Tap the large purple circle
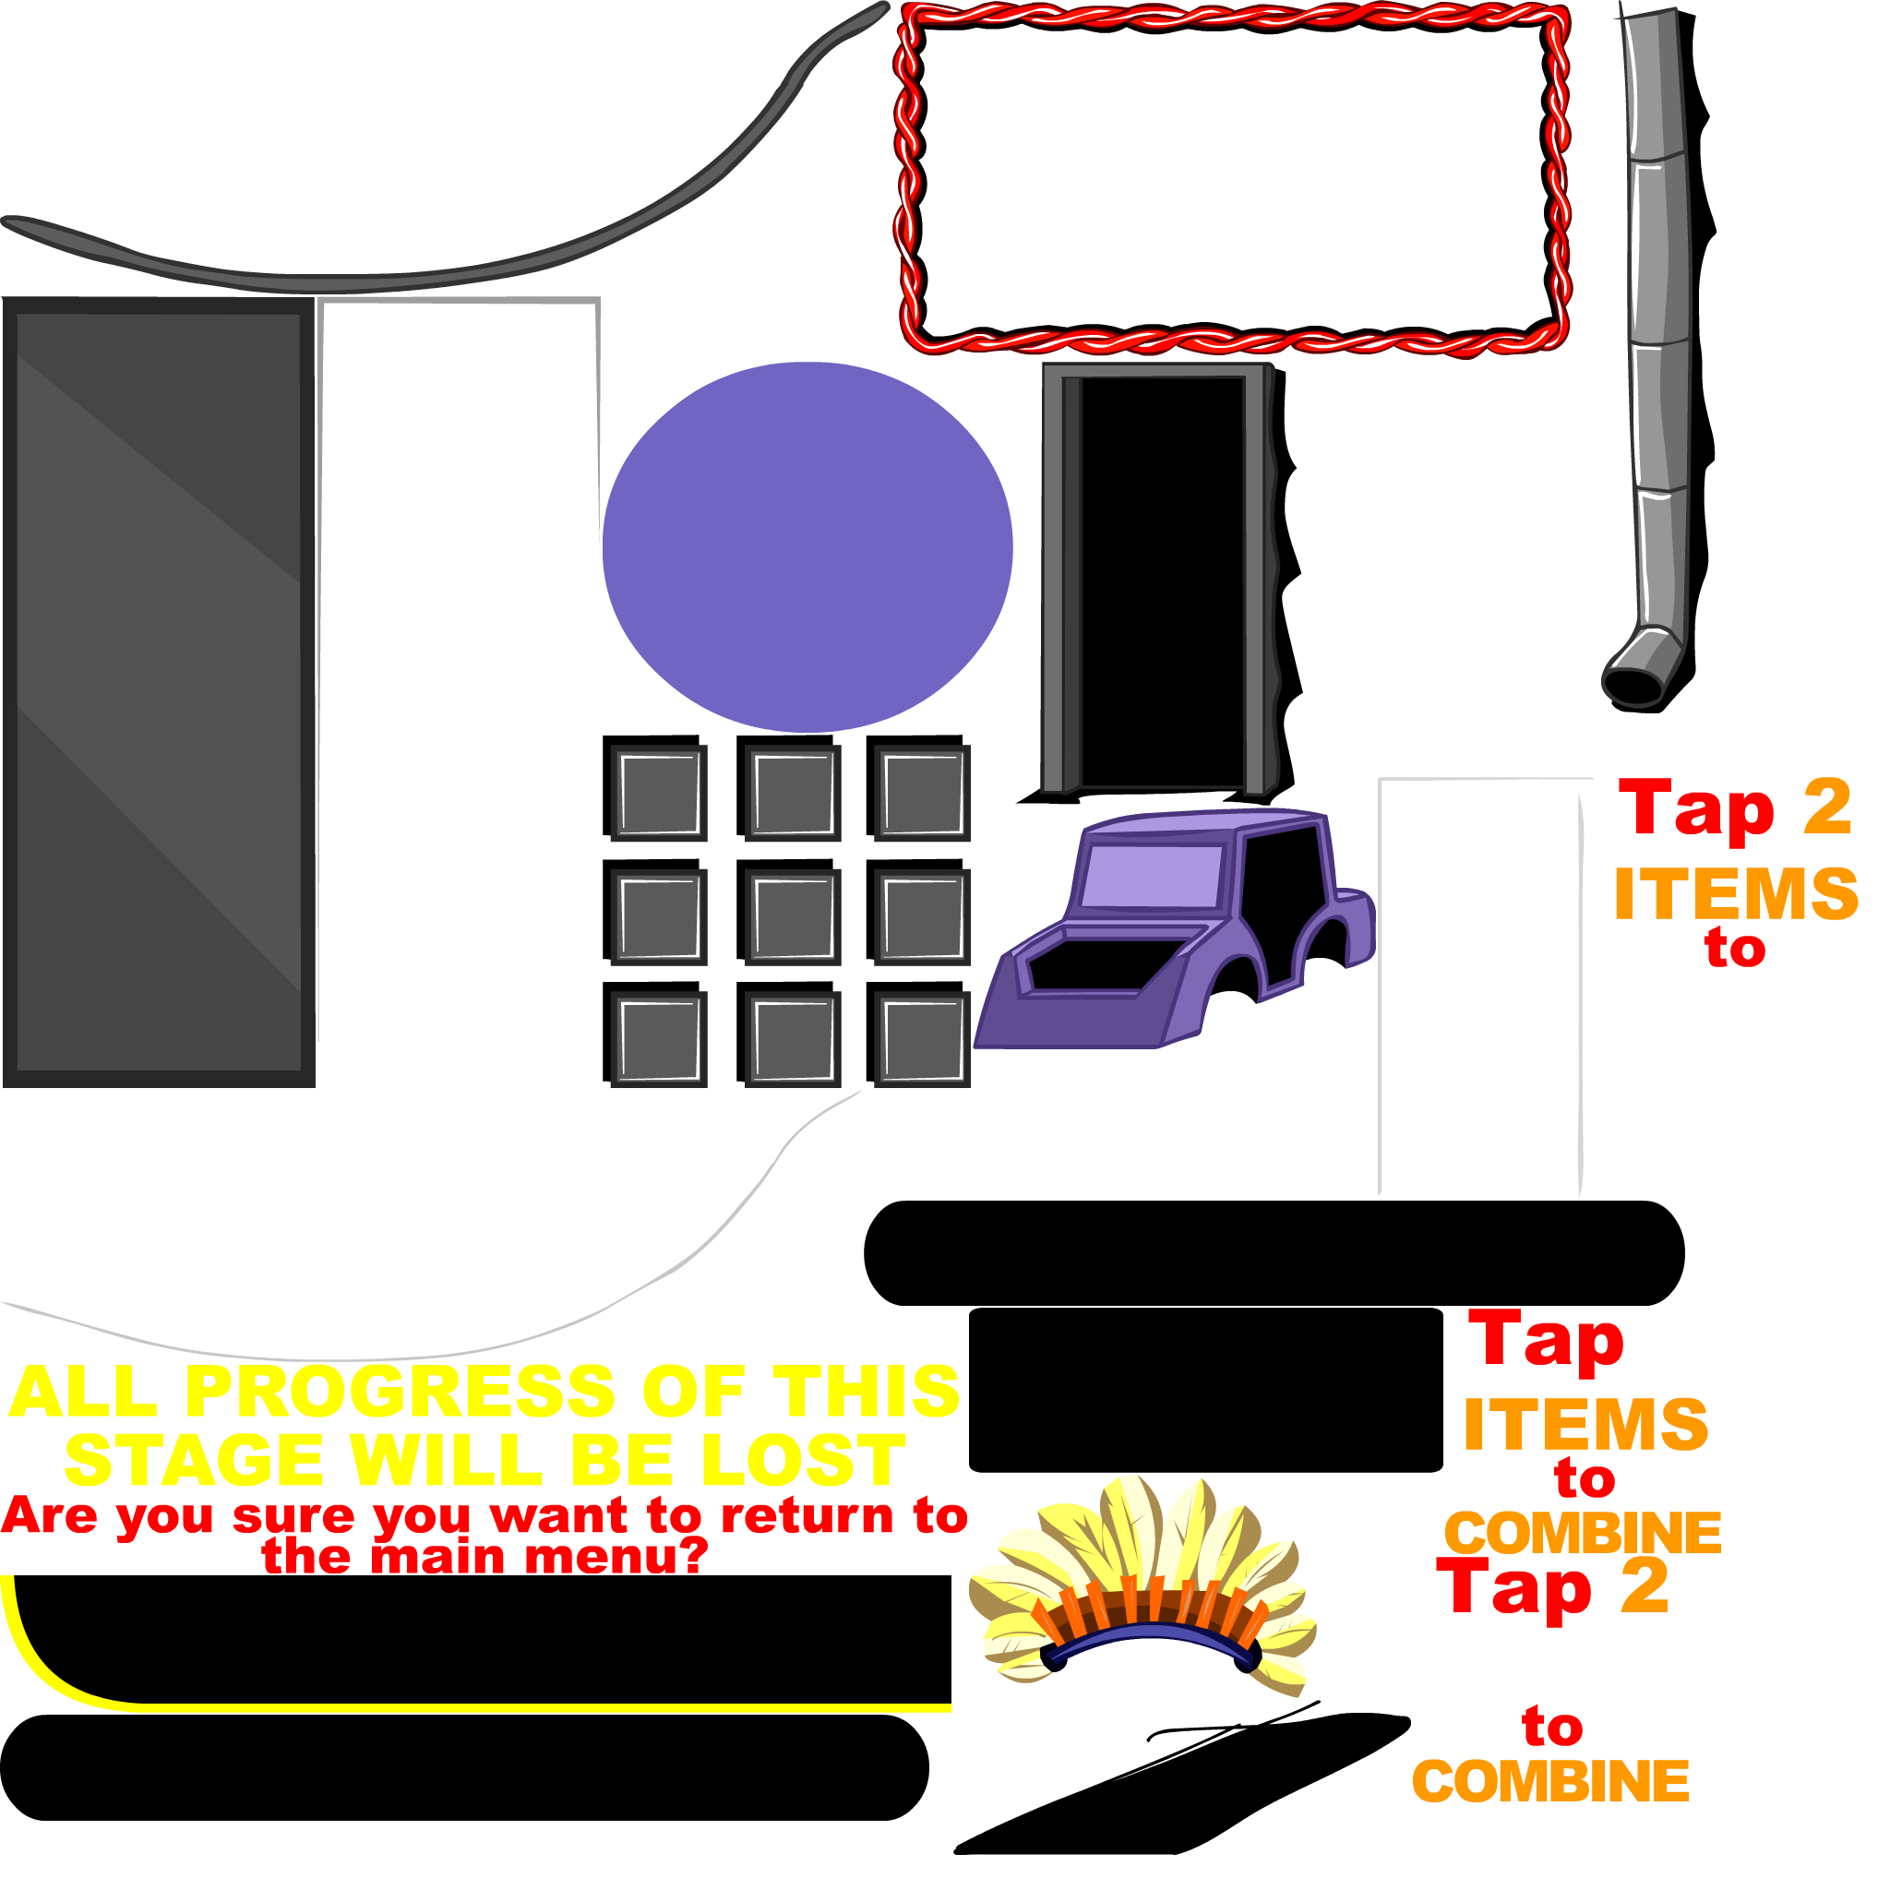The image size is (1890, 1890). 807,547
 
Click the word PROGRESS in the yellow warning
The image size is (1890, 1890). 399,1391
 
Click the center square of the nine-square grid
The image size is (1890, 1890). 793,916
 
